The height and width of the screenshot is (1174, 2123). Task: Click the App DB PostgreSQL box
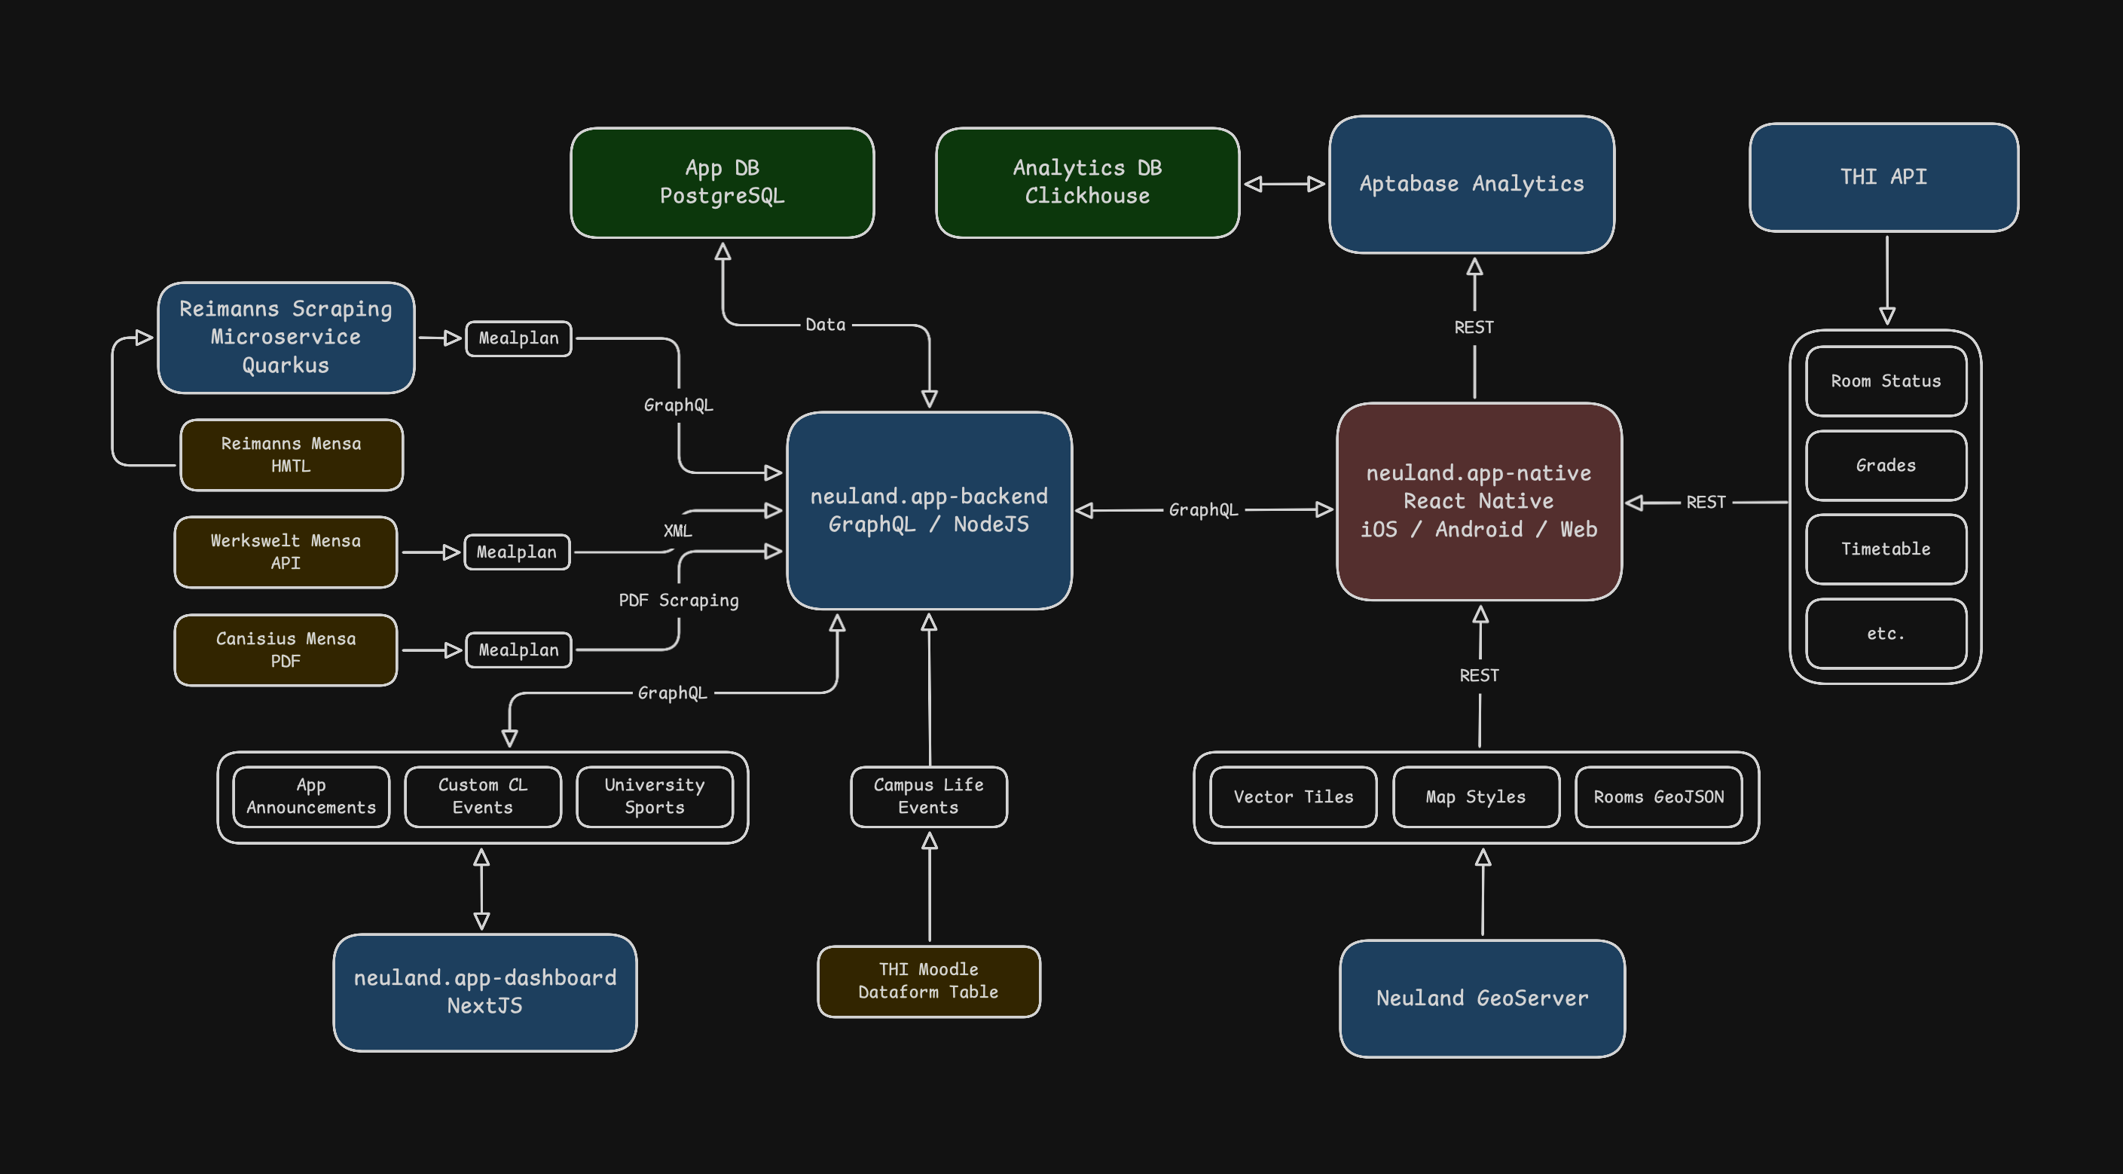722,182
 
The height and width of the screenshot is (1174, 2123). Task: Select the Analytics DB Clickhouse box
1087,182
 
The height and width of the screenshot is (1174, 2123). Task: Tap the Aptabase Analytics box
1471,184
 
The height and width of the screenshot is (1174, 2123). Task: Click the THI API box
1883,177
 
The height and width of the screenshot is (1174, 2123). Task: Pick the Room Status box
1886,381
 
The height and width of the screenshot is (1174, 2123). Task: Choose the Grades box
1886,465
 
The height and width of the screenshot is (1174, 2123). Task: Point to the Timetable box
1886,549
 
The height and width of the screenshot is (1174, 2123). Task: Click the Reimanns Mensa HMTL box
291,455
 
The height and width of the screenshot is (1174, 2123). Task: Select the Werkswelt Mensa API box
286,552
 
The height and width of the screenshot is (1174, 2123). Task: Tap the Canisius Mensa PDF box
286,650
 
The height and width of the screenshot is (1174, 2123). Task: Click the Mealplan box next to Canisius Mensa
518,650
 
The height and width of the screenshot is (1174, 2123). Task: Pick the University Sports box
655,796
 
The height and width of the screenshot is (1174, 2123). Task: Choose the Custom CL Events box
482,796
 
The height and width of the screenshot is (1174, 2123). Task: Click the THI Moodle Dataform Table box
928,981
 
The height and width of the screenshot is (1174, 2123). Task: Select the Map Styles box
1475,796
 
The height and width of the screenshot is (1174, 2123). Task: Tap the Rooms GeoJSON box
1658,796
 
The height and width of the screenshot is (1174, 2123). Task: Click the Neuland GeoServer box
1482,998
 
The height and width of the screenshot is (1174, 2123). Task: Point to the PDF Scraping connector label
678,601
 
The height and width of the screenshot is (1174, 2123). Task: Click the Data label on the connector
825,325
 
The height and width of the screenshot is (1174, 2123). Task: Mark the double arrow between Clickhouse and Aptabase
1284,184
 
